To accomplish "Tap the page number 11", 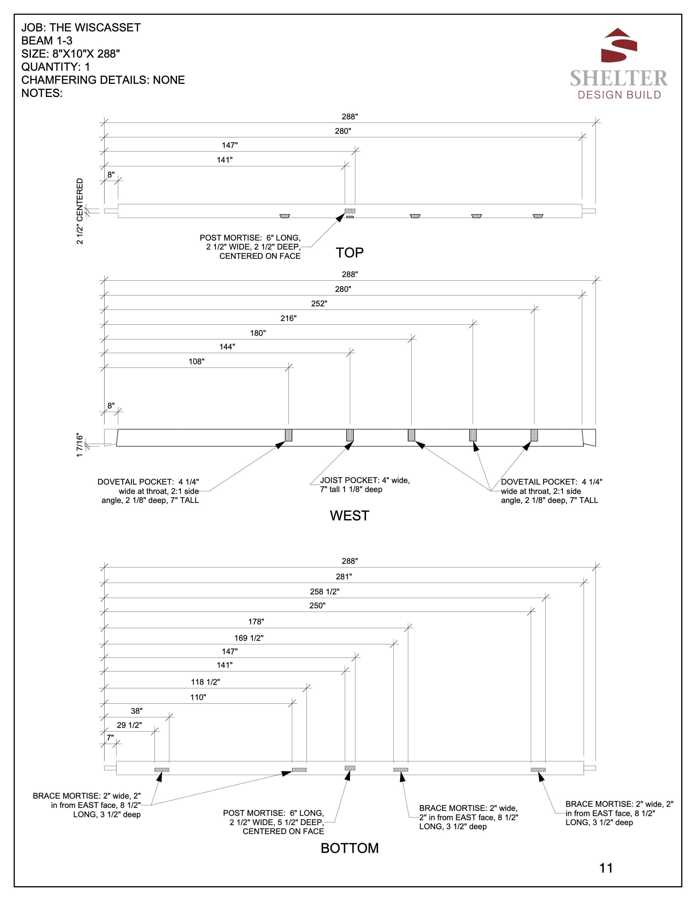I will pyautogui.click(x=606, y=868).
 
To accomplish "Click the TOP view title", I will pyautogui.click(x=349, y=253).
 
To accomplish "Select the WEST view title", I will pyautogui.click(x=349, y=516).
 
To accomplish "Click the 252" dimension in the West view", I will pyautogui.click(x=319, y=304).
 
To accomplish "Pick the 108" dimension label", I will pyautogui.click(x=196, y=362).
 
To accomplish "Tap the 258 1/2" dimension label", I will pyautogui.click(x=325, y=592).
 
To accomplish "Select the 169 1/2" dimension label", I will pyautogui.click(x=249, y=638).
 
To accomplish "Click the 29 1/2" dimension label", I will pyautogui.click(x=129, y=725).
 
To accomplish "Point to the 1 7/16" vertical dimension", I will pyautogui.click(x=80, y=445).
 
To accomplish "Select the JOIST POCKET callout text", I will pyautogui.click(x=364, y=485).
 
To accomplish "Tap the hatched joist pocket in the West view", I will pyautogui.click(x=350, y=435).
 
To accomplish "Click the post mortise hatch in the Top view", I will pyautogui.click(x=350, y=211).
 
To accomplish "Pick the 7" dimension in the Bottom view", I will pyautogui.click(x=110, y=737).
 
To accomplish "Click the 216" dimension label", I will pyautogui.click(x=288, y=318).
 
